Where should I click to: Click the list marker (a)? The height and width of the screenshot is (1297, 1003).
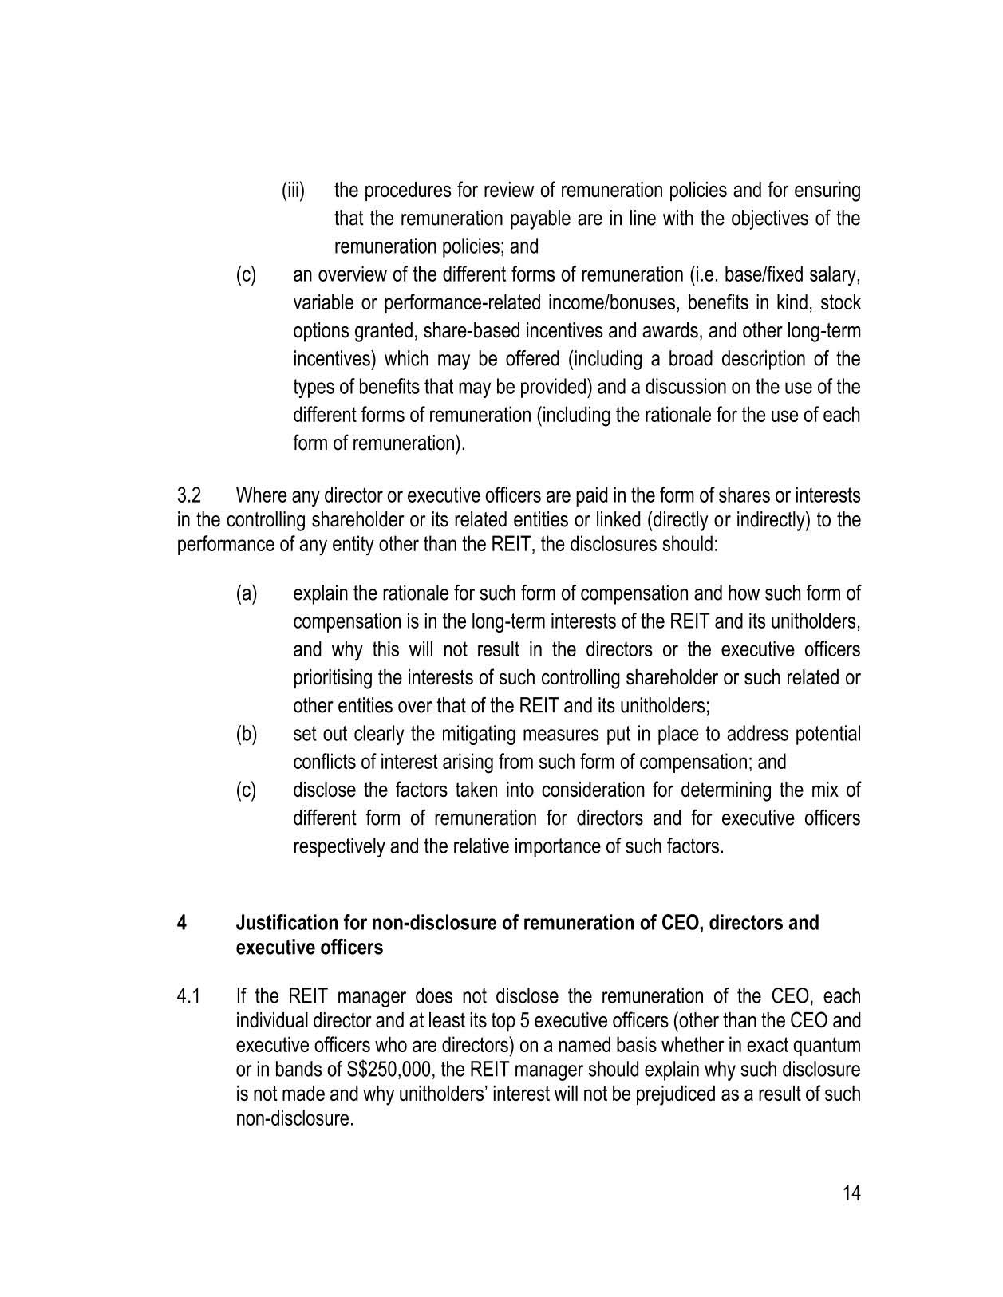point(246,594)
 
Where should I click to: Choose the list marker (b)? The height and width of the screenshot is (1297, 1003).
point(246,734)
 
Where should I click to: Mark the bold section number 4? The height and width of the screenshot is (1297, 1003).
point(182,923)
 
